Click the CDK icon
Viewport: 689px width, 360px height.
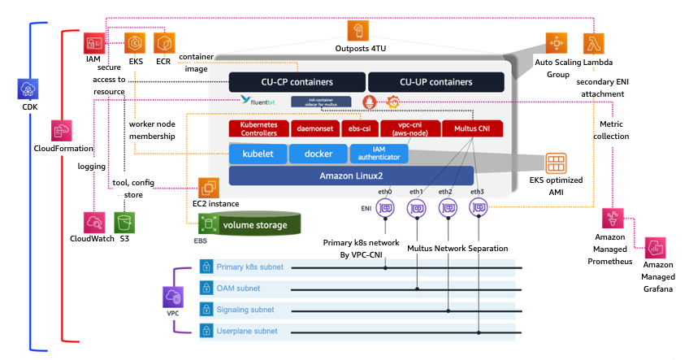click(x=27, y=89)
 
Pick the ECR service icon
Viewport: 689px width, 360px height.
click(x=165, y=43)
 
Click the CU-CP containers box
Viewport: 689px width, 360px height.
click(x=297, y=82)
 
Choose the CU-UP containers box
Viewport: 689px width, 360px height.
click(x=435, y=82)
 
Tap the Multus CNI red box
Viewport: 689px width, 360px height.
click(x=475, y=128)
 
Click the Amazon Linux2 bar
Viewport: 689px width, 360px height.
click(x=340, y=176)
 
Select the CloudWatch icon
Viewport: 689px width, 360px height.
click(x=93, y=222)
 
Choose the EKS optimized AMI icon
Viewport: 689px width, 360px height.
click(x=557, y=161)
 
